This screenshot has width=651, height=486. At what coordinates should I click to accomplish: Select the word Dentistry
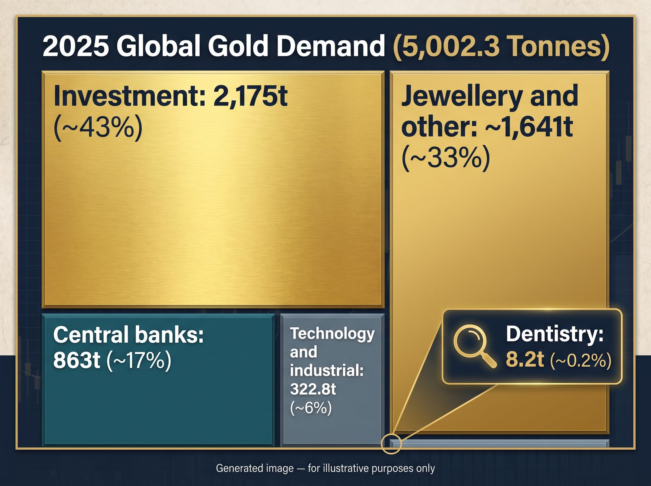[555, 334]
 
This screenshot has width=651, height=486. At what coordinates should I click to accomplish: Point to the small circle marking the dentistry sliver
[391, 444]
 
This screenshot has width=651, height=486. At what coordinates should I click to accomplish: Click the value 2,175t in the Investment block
[250, 96]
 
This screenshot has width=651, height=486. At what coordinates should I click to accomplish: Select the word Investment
[129, 96]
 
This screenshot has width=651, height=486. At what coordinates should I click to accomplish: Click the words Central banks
[128, 334]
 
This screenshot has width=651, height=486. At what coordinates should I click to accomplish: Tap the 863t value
[77, 360]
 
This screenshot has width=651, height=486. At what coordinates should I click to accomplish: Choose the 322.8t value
[313, 389]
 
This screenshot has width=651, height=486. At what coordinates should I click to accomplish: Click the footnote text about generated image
[325, 468]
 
